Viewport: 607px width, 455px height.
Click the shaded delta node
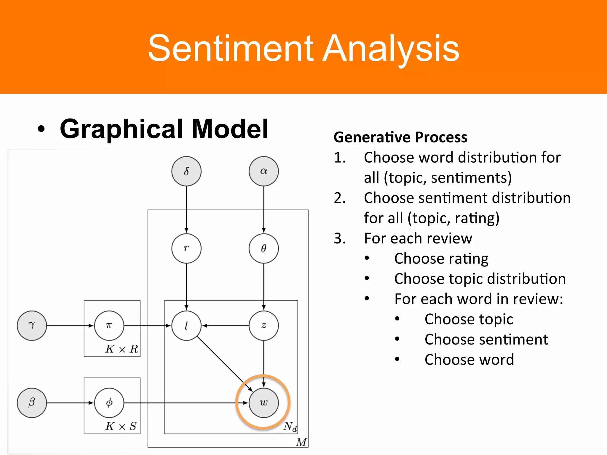pos(186,171)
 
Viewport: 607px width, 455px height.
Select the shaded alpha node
pos(263,171)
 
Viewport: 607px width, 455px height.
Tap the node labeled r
pos(186,248)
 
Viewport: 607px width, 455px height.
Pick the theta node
pos(263,248)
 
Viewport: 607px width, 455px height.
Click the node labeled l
pos(186,326)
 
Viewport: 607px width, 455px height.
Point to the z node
pos(263,326)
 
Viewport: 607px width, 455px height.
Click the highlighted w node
pos(263,403)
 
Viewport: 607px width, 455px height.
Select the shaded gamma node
pos(32,326)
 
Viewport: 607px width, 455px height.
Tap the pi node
pos(109,326)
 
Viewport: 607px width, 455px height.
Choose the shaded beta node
pos(32,403)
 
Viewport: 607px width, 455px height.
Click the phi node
pos(109,403)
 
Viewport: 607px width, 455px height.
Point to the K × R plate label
pos(122,349)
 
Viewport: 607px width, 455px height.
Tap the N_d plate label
pos(290,427)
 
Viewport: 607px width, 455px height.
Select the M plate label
pos(301,442)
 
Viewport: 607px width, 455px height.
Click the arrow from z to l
pos(225,326)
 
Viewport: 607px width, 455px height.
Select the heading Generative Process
pos(400,137)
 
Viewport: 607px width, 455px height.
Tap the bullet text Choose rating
pos(441,259)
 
